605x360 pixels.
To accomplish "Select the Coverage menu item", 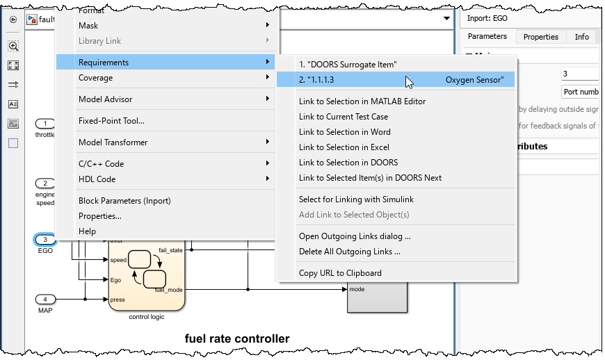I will (95, 78).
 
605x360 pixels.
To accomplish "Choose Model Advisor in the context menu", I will (105, 99).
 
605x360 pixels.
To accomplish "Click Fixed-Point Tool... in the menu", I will (111, 121).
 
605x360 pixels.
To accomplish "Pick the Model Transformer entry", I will (113, 142).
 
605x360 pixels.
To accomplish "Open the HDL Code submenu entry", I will (97, 179).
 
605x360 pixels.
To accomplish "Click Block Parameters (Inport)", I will (124, 201).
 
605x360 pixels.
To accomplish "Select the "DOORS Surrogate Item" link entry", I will (348, 65).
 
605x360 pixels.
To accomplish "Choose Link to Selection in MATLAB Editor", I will (362, 101).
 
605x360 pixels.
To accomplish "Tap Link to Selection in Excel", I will (344, 147).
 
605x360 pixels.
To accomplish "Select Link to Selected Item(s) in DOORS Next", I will (370, 178).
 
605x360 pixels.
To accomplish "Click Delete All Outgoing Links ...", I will (349, 252).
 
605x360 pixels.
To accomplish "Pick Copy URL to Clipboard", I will (340, 273).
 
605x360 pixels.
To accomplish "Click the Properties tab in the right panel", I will (541, 37).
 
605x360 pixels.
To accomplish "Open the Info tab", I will (581, 37).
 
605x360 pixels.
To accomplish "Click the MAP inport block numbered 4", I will (45, 300).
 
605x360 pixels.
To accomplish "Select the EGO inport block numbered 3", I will (45, 240).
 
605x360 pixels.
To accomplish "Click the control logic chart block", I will (147, 275).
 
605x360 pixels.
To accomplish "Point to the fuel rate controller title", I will (236, 339).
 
